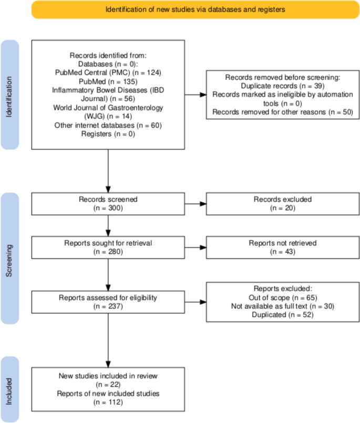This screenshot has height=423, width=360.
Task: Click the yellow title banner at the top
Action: coord(196,9)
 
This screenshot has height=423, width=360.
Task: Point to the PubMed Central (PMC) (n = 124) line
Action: coord(108,72)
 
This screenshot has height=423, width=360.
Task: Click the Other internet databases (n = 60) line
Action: coord(108,125)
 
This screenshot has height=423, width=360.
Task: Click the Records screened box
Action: coord(108,203)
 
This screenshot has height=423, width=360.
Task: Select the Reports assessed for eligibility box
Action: coord(108,302)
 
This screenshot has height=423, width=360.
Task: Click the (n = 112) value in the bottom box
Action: coord(108,403)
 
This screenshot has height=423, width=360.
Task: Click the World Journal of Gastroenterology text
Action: coord(108,107)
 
